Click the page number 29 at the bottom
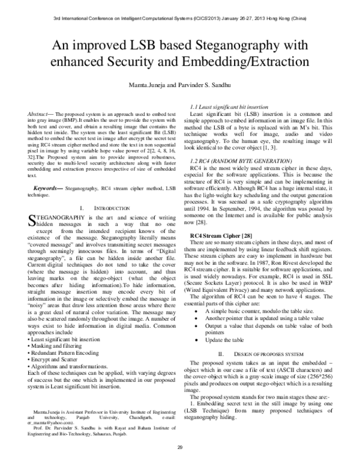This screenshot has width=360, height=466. (x=179, y=447)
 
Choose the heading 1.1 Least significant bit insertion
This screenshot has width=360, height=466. (x=229, y=107)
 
